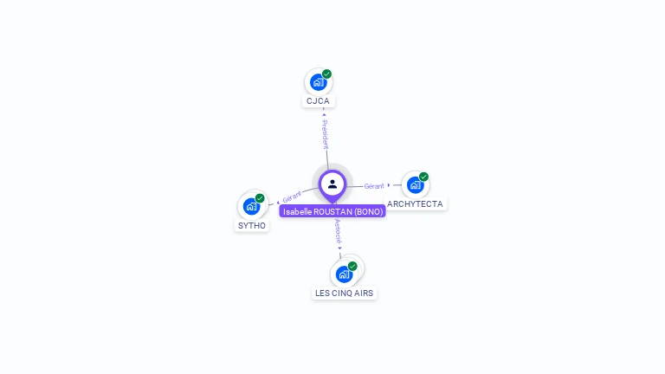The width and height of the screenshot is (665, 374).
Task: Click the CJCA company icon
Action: pos(318,82)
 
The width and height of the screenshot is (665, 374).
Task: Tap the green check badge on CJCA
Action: pos(326,74)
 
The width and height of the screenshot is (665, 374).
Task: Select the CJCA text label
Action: pos(318,101)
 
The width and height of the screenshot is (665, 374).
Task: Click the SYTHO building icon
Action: pos(251,206)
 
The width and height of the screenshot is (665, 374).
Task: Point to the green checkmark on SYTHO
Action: pos(260,198)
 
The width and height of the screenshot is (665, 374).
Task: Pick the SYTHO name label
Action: pos(252,226)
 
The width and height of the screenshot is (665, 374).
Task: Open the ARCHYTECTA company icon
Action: pos(415,185)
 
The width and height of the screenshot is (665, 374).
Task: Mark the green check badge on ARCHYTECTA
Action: pos(423,177)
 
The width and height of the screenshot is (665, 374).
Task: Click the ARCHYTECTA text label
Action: pos(415,204)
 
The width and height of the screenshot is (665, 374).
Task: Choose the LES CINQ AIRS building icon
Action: pos(344,274)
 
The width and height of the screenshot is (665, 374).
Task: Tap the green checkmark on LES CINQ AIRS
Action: pos(352,266)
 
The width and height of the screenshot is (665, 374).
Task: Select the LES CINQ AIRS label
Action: pos(344,293)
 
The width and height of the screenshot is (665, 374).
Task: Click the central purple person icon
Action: pos(332,184)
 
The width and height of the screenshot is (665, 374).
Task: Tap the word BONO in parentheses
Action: pos(368,211)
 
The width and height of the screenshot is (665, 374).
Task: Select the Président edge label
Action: pos(325,134)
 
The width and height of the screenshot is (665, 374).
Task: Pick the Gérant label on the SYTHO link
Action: pos(292,197)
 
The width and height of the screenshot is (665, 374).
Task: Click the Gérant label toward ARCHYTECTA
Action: pos(374,185)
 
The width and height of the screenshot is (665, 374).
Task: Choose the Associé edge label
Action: pos(338,229)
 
